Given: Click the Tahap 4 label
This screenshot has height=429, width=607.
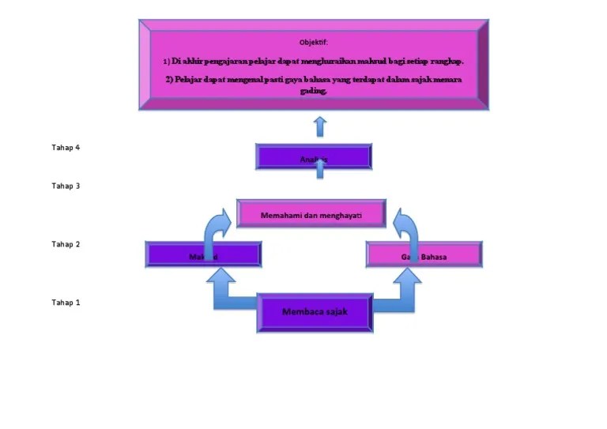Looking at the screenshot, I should [x=66, y=148].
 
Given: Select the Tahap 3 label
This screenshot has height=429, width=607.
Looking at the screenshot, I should [x=66, y=186].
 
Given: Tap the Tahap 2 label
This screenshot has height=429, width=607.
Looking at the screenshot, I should [x=66, y=244].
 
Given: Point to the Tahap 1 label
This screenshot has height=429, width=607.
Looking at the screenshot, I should [x=66, y=303].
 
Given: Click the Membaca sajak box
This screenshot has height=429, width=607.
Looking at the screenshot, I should [x=315, y=312].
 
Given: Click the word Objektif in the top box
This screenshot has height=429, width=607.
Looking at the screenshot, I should [x=314, y=42].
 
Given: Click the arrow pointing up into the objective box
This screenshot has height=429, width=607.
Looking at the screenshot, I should [x=319, y=126].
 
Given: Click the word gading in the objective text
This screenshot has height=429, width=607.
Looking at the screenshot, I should [x=313, y=91].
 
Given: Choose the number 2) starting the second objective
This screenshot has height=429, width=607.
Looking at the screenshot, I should [x=169, y=81].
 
